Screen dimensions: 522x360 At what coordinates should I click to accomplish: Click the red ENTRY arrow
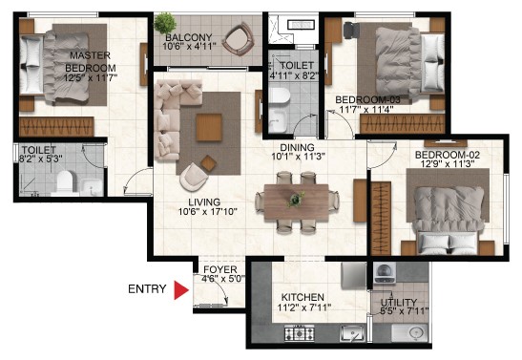click(181, 289)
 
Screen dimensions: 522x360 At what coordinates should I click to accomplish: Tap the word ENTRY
click(147, 288)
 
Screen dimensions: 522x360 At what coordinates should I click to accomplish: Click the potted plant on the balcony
click(165, 23)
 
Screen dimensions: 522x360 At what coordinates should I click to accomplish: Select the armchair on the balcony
click(239, 38)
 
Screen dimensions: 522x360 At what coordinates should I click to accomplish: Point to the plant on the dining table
click(296, 199)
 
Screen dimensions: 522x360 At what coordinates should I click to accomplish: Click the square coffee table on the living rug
click(209, 127)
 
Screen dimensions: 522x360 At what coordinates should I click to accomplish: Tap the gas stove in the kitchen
click(300, 332)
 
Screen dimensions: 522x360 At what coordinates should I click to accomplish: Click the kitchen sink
click(352, 333)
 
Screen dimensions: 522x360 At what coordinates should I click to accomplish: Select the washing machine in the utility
click(385, 273)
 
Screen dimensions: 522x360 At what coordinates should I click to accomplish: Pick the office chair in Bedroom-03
click(351, 30)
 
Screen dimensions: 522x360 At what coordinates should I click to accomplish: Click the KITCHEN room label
click(303, 297)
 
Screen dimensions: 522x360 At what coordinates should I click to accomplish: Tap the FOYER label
click(220, 269)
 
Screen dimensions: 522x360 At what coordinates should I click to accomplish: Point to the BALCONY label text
click(189, 37)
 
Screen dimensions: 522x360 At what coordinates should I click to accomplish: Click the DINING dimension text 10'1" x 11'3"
click(299, 157)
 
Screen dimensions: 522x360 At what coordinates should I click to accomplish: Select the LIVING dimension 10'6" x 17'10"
click(208, 211)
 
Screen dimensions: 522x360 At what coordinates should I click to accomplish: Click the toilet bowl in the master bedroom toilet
click(64, 182)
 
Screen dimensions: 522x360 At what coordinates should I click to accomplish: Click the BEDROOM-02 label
click(448, 155)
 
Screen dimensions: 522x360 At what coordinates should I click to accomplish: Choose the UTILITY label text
click(399, 303)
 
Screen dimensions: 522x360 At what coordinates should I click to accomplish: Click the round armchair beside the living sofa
click(194, 177)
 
